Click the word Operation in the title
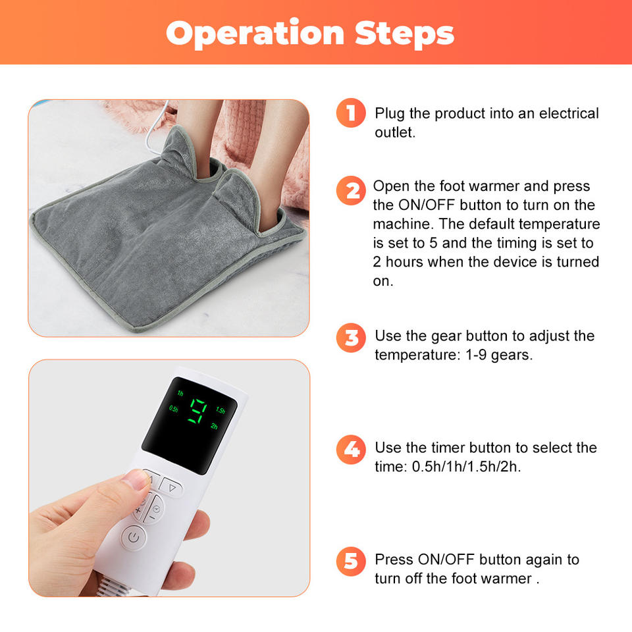pos(255,34)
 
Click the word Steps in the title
pos(405,33)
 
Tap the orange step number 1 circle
pos(351,113)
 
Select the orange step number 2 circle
pos(351,191)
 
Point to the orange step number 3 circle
pos(351,338)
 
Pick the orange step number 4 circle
pos(351,450)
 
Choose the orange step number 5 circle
pos(351,561)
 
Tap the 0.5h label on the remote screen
pos(173,409)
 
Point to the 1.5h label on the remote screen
pos(221,410)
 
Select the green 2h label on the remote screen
pos(214,426)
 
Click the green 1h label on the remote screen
pos(180,393)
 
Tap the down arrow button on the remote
pos(172,488)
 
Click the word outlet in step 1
pos(394,132)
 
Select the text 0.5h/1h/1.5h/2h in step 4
pos(466,467)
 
